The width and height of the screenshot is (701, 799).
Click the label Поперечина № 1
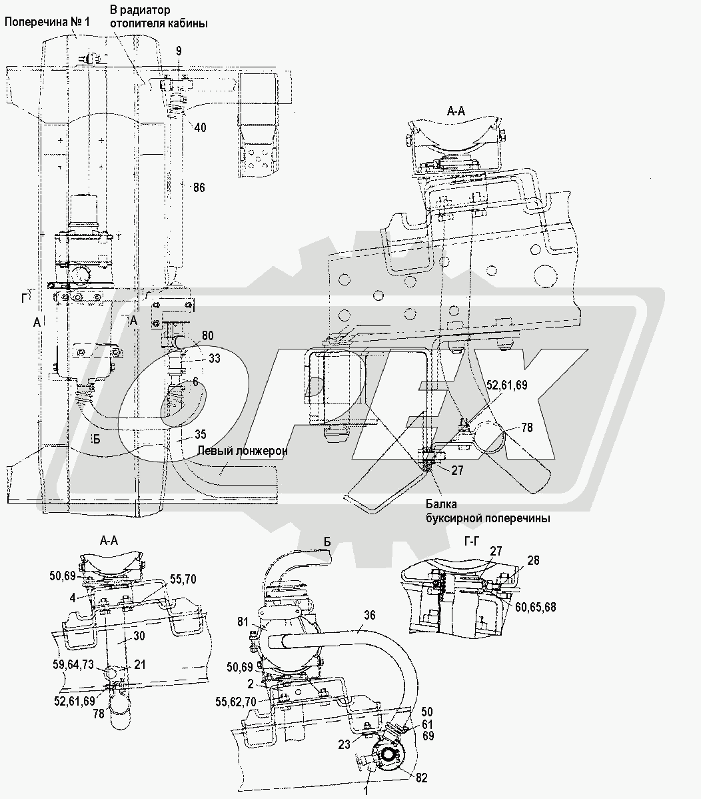(x=47, y=23)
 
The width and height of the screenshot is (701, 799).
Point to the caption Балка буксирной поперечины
(x=488, y=511)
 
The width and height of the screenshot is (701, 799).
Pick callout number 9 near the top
(x=179, y=51)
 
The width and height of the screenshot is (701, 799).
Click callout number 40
(x=201, y=127)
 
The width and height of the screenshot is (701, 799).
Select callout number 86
(x=199, y=187)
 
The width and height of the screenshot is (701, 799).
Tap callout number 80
(x=207, y=335)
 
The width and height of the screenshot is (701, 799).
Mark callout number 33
(x=215, y=358)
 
